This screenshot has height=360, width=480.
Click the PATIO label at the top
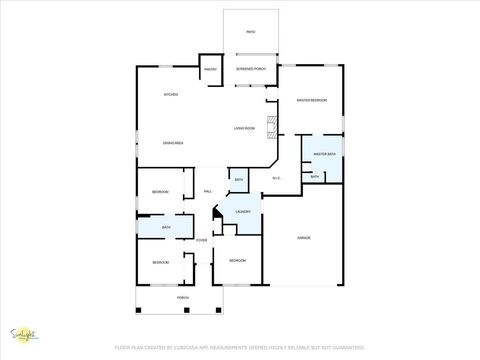pyautogui.click(x=250, y=32)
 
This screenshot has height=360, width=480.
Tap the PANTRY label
pyautogui.click(x=210, y=69)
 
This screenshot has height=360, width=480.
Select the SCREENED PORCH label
pyautogui.click(x=250, y=69)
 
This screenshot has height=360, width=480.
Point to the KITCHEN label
pyautogui.click(x=172, y=95)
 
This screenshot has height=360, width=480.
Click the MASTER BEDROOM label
pyautogui.click(x=311, y=100)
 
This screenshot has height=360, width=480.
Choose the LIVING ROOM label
pyautogui.click(x=245, y=129)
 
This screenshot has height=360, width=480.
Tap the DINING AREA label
pyautogui.click(x=173, y=144)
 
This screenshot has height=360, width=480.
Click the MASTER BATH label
pyautogui.click(x=323, y=154)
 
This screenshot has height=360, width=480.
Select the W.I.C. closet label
pyautogui.click(x=277, y=179)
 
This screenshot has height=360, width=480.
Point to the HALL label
pyautogui.click(x=208, y=191)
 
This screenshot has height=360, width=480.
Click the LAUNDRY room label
pyautogui.click(x=242, y=212)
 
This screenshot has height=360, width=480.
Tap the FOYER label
pyautogui.click(x=201, y=240)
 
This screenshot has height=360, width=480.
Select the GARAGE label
pyautogui.click(x=304, y=237)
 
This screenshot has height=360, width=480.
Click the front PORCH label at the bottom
pyautogui.click(x=183, y=298)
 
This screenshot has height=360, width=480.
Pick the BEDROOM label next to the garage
pyautogui.click(x=237, y=261)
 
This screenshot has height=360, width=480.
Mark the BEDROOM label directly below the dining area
pyautogui.click(x=160, y=192)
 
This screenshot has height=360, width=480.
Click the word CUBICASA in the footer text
pyautogui.click(x=187, y=346)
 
